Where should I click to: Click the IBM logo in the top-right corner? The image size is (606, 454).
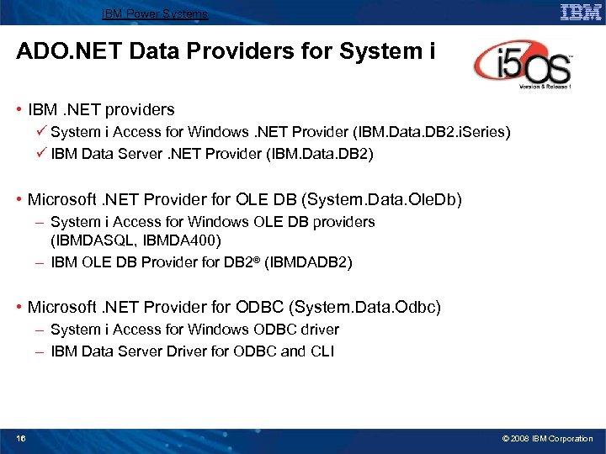point(581,13)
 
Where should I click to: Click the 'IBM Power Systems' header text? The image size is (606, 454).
point(155,13)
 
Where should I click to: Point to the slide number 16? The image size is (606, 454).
point(21,438)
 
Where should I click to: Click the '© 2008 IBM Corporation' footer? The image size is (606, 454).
point(547,438)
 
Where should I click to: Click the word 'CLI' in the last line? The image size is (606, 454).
point(321,351)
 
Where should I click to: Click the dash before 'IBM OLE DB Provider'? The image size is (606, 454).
point(40,262)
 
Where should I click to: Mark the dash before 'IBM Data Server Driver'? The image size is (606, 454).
point(40,351)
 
